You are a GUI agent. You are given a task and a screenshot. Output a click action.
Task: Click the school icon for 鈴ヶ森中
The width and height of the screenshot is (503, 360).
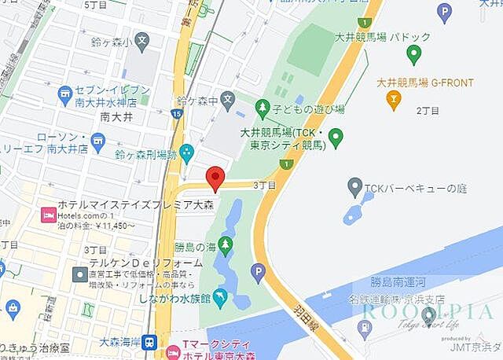(x=227, y=100)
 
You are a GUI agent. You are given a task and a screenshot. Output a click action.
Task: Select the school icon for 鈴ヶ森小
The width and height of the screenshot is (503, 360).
(x=141, y=39)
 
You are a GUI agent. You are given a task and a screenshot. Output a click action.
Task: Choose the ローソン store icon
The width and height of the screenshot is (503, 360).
(x=97, y=141)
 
